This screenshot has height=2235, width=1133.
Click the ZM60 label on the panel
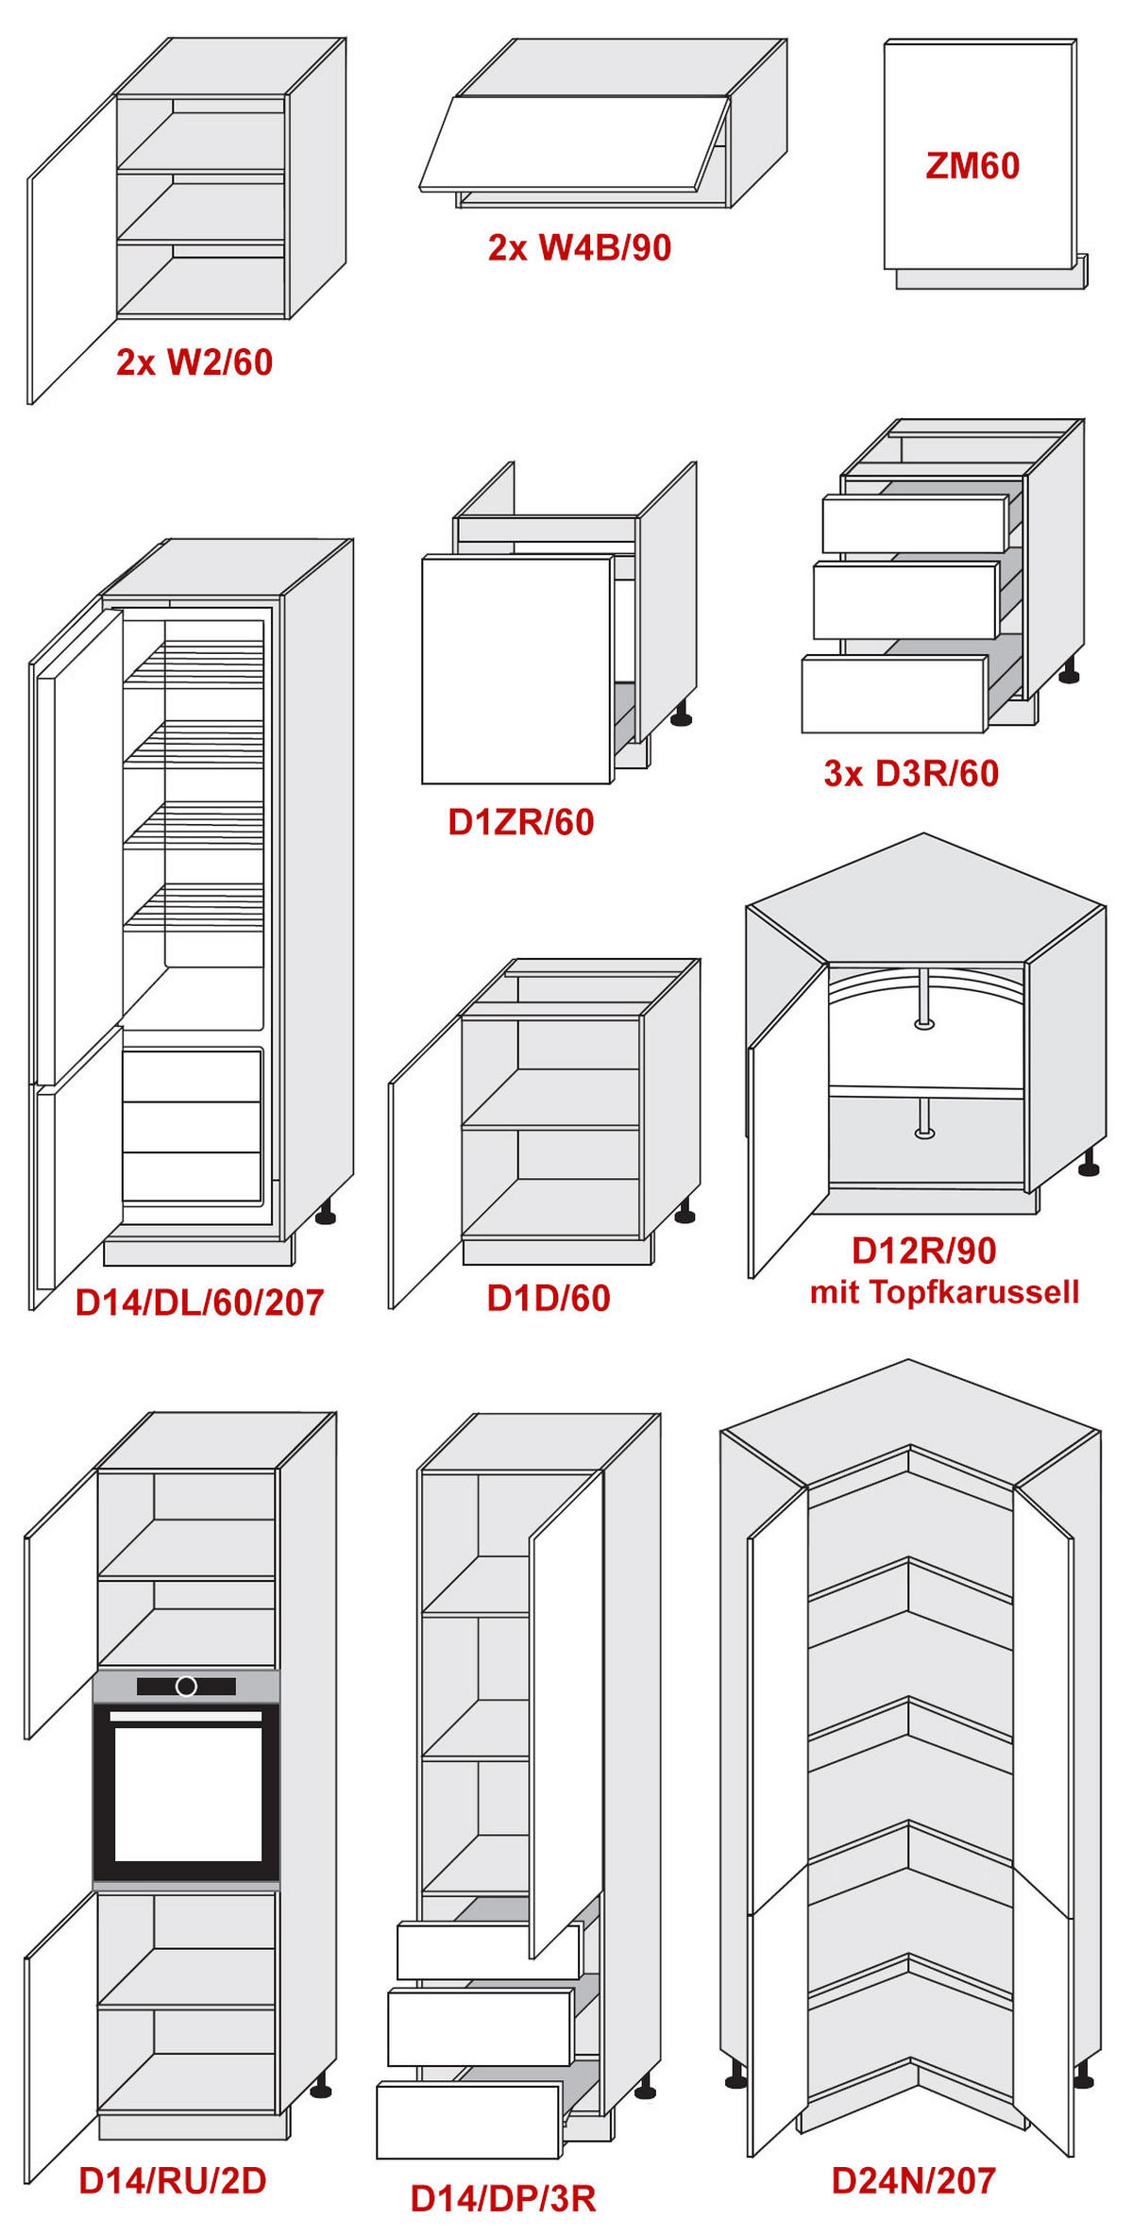click(972, 166)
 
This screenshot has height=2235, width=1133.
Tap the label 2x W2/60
click(194, 362)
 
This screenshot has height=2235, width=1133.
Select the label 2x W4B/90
click(579, 247)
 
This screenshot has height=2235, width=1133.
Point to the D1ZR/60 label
click(521, 822)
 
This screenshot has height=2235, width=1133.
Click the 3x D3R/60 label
click(911, 773)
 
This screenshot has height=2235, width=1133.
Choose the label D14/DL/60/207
click(199, 1302)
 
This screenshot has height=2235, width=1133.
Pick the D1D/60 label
click(549, 1298)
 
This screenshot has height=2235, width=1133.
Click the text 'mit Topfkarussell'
click(944, 1291)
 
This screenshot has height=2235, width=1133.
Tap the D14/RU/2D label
click(173, 2180)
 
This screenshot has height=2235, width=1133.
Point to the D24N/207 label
click(913, 2180)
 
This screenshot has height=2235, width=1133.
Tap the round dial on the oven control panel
click(186, 1686)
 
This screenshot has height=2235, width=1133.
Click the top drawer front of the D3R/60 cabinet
click(914, 525)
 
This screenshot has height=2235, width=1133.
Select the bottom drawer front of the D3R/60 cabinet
click(893, 695)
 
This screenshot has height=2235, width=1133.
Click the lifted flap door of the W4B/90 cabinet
click(573, 143)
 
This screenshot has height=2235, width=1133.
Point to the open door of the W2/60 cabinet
click(72, 250)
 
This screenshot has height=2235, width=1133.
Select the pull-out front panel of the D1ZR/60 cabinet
click(516, 670)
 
